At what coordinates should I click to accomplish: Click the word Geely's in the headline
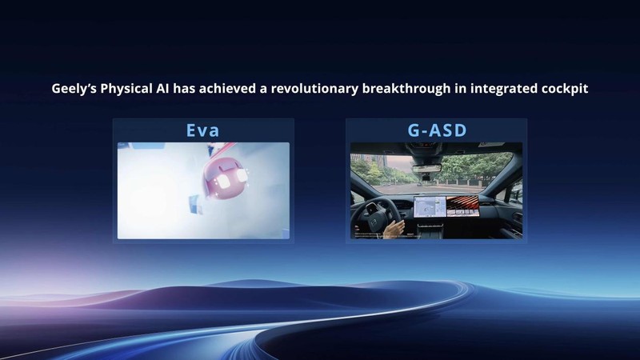[x=74, y=89]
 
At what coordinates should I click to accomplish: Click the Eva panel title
[x=202, y=130]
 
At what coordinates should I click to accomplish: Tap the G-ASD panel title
[x=436, y=130]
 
